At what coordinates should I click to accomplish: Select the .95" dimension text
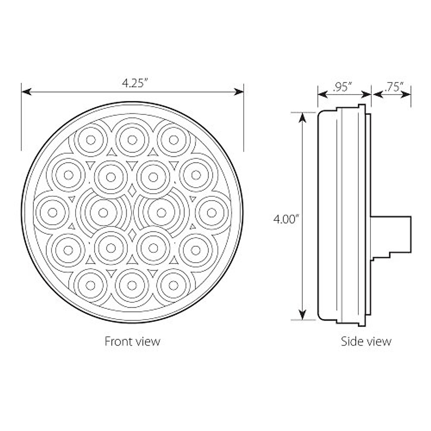pyautogui.click(x=342, y=87)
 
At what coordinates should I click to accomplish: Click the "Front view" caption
pyautogui.click(x=132, y=341)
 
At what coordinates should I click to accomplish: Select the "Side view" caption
pyautogui.click(x=366, y=341)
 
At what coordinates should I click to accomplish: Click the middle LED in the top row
pyautogui.click(x=132, y=140)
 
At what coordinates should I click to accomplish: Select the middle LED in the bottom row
pyautogui.click(x=132, y=286)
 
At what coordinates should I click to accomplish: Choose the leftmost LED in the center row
pyautogui.click(x=53, y=213)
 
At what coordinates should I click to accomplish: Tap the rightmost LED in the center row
pyautogui.click(x=212, y=213)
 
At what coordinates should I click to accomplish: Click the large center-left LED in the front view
pyautogui.click(x=103, y=213)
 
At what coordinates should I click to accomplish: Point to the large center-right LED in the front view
pyautogui.click(x=162, y=213)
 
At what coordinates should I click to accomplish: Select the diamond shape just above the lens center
pyautogui.click(x=132, y=191)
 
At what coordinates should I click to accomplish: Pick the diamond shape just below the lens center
pyautogui.click(x=132, y=235)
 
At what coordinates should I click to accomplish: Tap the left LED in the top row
pyautogui.click(x=91, y=140)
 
